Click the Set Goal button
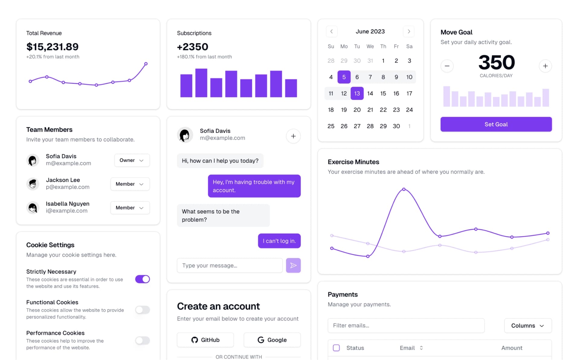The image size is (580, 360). click(496, 124)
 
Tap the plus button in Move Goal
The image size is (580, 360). click(545, 66)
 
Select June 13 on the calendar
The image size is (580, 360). click(357, 93)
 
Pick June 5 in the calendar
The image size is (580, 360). click(344, 77)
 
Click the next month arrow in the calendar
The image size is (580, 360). click(409, 31)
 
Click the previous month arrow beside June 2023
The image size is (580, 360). click(332, 31)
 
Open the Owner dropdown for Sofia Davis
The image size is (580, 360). click(132, 160)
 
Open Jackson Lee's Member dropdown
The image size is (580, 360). click(130, 184)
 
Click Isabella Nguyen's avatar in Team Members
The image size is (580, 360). click(33, 208)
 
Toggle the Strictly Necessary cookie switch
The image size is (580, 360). click(143, 279)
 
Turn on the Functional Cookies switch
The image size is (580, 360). click(143, 310)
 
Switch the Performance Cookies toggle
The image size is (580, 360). click(143, 341)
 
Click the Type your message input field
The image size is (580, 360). click(230, 265)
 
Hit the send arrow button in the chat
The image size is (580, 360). click(293, 265)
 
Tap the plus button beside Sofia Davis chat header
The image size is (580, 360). click(293, 136)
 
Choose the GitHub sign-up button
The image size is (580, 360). click(205, 340)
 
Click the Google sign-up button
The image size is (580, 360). click(272, 340)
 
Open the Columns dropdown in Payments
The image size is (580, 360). click(528, 326)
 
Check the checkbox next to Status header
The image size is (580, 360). click(336, 348)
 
